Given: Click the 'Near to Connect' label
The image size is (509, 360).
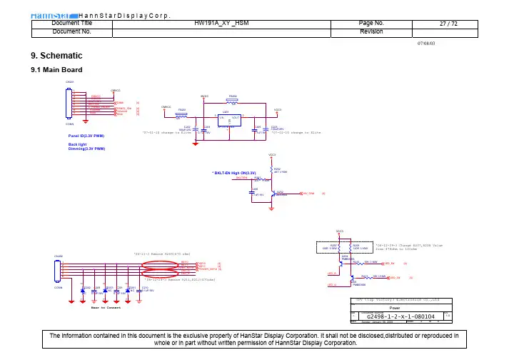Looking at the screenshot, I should point(106,308).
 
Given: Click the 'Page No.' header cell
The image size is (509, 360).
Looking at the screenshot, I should point(372,24).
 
